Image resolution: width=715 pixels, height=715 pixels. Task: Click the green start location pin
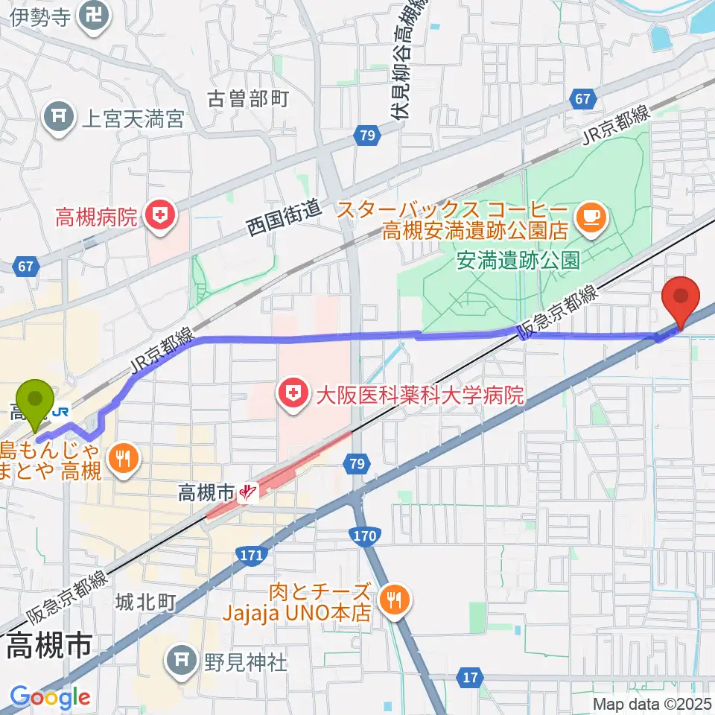click(35, 402)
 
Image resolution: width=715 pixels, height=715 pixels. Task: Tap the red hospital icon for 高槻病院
click(159, 217)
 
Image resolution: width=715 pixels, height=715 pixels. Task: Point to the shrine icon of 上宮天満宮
click(57, 118)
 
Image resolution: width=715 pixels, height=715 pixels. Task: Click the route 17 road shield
click(468, 677)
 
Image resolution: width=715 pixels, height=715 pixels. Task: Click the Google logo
click(50, 697)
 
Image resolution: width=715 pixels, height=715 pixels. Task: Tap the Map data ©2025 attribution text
click(651, 703)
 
